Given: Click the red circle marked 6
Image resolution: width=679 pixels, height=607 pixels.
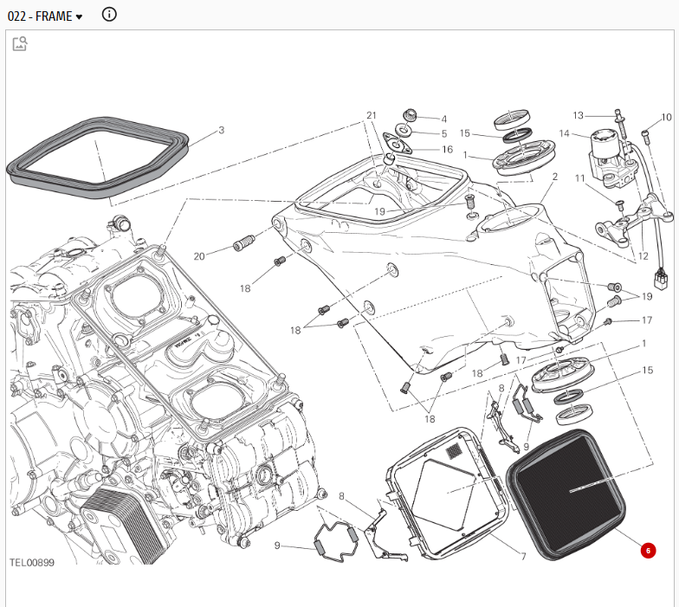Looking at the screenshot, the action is tap(648, 551).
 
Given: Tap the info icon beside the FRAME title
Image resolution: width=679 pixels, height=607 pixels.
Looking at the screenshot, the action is tap(109, 14).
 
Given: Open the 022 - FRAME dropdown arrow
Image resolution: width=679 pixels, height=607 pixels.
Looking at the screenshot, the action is tap(79, 17).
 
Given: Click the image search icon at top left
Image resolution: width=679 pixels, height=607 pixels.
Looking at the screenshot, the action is tap(20, 43).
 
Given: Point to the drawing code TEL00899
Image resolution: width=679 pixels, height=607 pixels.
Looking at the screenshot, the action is tap(32, 563).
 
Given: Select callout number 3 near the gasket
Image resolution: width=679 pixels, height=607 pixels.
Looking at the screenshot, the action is tap(222, 130).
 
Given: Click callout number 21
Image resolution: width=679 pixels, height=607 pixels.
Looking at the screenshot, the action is tap(372, 115).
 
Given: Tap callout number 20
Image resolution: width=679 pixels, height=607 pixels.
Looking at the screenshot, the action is tap(199, 256).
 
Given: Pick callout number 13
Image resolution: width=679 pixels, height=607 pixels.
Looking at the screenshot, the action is tap(579, 115).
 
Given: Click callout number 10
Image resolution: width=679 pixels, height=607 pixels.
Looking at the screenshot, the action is tap(667, 117).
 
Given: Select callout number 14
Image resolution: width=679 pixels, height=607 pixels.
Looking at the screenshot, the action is tap(565, 133).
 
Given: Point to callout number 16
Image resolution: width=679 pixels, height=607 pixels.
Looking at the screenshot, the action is tap(447, 149).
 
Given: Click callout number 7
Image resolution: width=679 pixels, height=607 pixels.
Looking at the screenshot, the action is tap(523, 556).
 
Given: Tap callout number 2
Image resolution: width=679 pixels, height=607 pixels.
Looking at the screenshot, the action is tap(555, 177).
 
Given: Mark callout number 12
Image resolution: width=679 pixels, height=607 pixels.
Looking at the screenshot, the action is tap(643, 256).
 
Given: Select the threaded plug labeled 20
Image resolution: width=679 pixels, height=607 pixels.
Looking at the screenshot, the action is tap(244, 242).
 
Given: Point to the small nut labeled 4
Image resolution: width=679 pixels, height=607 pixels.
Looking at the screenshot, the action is tap(410, 115).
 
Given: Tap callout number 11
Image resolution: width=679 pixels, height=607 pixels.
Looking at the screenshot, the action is tap(580, 178).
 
